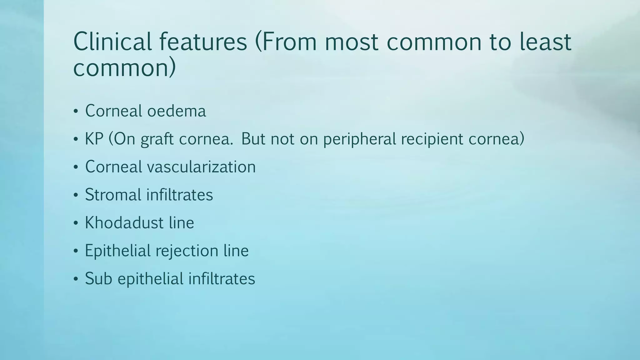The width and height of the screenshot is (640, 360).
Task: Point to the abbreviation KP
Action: [x=94, y=139]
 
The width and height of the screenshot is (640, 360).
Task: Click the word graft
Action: [x=157, y=139]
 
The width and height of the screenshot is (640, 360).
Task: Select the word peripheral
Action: [x=360, y=139]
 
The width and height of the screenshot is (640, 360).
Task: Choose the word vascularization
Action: [x=201, y=167]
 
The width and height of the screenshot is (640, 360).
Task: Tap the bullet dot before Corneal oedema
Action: [x=76, y=112]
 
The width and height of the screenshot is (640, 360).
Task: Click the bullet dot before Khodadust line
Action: [x=76, y=223]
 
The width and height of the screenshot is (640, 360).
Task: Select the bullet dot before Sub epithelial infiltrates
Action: [x=76, y=279]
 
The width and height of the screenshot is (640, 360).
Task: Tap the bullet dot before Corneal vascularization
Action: [x=76, y=167]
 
